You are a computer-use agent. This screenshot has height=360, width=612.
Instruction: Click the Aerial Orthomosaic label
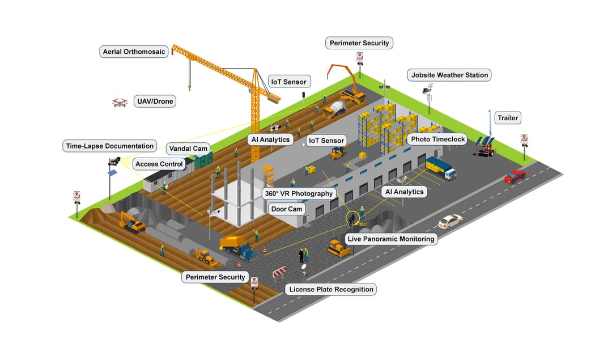pos(134,52)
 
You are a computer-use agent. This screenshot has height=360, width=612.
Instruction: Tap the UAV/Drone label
pos(155,101)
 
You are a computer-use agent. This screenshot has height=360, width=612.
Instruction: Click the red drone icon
pos(119,103)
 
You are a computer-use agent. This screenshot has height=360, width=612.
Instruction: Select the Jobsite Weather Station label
pos(449,75)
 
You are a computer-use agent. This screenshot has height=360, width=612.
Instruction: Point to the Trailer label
pos(507,118)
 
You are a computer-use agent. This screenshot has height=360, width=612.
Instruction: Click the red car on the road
pos(514,176)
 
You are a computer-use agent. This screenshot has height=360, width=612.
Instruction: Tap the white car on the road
pos(450,221)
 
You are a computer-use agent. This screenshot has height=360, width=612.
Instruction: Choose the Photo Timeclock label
pos(436,139)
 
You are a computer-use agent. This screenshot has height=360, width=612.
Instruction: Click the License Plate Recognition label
pos(331,289)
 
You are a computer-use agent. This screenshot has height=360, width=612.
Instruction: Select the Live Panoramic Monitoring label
pos(391,239)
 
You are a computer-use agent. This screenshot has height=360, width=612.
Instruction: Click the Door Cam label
pos(287,209)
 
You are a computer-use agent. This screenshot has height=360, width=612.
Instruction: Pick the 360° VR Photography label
pos(299,193)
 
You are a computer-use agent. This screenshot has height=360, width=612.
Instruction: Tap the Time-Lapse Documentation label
pos(109,146)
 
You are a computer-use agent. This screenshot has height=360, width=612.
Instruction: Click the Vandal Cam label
pos(189,149)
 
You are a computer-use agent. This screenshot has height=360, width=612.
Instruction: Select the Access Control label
pos(159,164)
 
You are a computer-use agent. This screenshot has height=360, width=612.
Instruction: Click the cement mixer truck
pos(335,108)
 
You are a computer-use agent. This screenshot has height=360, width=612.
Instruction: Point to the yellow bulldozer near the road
pos(339,248)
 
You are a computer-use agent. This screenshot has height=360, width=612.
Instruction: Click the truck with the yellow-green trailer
pos(440,168)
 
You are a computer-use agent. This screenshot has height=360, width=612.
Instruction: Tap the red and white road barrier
pos(280,273)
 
